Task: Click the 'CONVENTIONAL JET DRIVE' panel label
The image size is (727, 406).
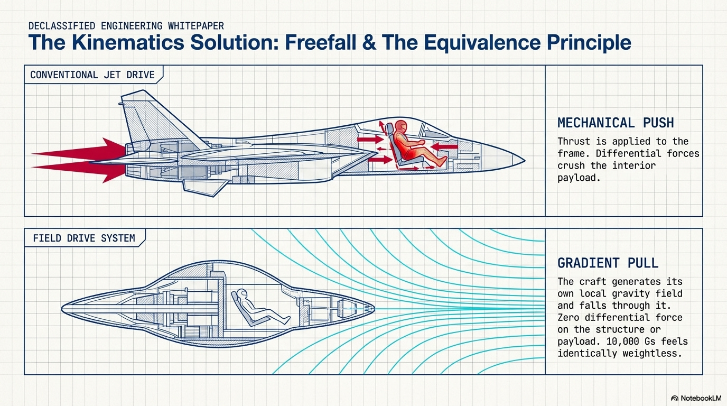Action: point(92,75)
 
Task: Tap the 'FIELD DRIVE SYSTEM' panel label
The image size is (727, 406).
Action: point(83,238)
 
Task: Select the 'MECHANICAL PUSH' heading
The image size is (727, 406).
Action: point(616,123)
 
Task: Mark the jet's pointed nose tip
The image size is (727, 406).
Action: point(524,159)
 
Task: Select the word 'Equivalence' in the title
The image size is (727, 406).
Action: point(478,42)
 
